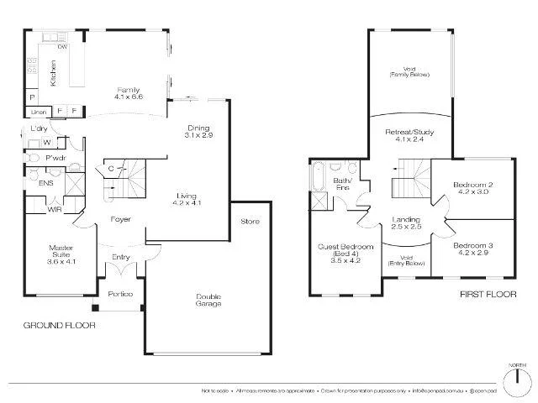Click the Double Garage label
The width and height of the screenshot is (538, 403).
pyautogui.click(x=208, y=300)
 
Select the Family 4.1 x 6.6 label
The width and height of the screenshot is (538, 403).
pyautogui.click(x=129, y=93)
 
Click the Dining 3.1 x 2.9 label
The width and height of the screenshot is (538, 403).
pyautogui.click(x=198, y=131)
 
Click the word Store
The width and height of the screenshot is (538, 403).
pyautogui.click(x=251, y=222)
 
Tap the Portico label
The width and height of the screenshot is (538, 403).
pyautogui.click(x=120, y=294)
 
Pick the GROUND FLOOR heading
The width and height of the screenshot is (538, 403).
pyautogui.click(x=59, y=325)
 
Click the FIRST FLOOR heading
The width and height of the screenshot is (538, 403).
pyautogui.click(x=486, y=295)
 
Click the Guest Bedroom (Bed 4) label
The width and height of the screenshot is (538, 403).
pyautogui.click(x=340, y=253)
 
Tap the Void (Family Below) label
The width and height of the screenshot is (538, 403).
pyautogui.click(x=409, y=71)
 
